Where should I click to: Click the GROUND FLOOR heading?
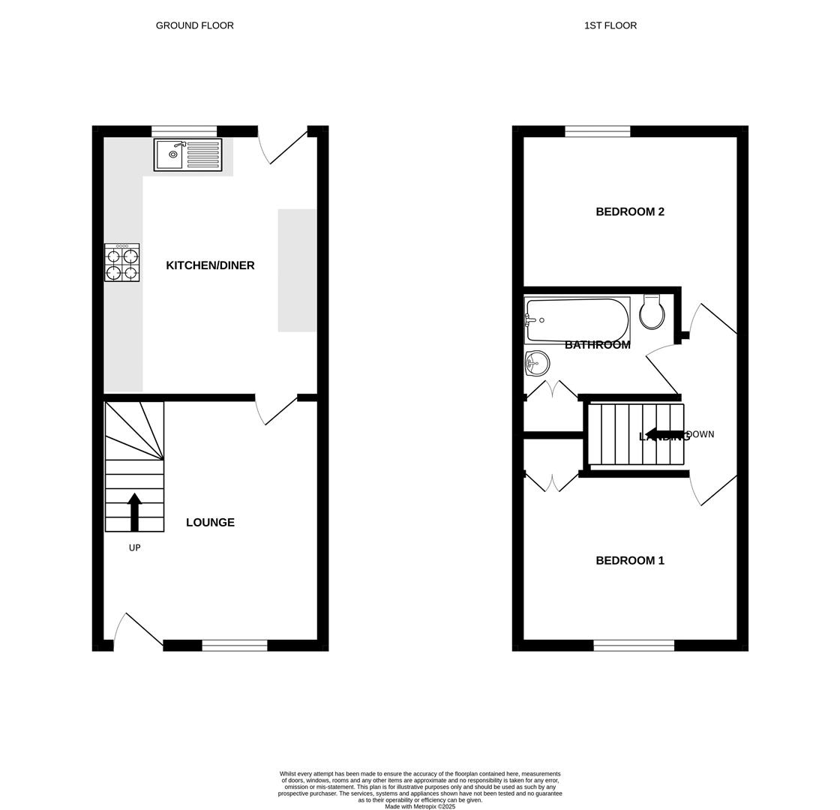coord(194,25)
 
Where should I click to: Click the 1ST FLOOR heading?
coord(610,25)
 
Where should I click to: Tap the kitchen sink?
coord(187,154)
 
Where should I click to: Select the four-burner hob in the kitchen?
coord(121,262)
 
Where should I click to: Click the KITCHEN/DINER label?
coord(210,265)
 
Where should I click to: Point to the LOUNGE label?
coord(210,523)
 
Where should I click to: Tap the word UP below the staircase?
coord(134,548)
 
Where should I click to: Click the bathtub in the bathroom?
coord(577,320)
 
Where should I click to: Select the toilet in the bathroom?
coord(652,312)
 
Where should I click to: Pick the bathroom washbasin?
coord(537,364)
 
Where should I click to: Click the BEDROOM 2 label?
coord(629,211)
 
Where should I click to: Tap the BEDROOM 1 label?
coord(629,560)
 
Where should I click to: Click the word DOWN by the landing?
coord(700,434)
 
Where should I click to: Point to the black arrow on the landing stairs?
coord(663,434)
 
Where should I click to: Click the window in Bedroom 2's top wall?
coord(597,132)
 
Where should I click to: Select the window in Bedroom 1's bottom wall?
coord(633,645)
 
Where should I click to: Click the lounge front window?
coord(234,645)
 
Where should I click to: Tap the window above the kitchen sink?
coord(184,131)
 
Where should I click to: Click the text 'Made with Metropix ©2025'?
coord(420,806)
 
